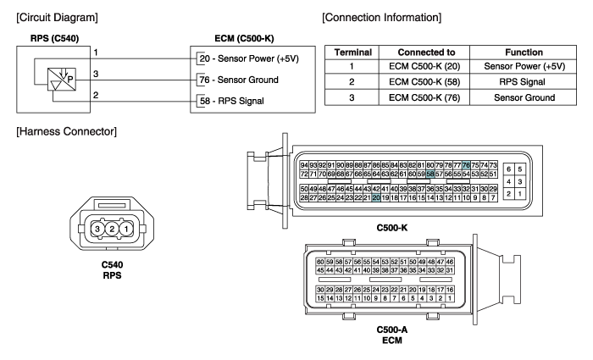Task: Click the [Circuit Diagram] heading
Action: pos(57,18)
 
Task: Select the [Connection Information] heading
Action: pos(381,18)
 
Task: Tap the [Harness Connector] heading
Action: pos(67,131)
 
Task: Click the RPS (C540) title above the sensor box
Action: pos(54,38)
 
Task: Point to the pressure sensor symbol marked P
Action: pos(62,79)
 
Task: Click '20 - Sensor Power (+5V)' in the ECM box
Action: pos(249,58)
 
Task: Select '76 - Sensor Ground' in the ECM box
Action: pos(239,80)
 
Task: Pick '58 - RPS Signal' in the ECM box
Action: pos(232,101)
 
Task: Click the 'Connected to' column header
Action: pos(426,53)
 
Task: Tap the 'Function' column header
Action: pos(524,53)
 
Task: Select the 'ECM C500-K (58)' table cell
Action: pos(424,81)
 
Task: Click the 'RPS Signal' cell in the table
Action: pos(523,81)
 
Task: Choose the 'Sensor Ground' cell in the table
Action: pos(524,97)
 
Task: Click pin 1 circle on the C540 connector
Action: pos(126,229)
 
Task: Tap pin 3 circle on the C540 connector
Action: pos(97,229)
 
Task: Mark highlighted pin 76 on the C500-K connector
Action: pos(466,165)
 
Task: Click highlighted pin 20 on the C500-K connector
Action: pos(376,197)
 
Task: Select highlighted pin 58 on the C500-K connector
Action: pos(430,174)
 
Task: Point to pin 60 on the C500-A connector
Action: pos(320,262)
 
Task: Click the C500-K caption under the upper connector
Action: pos(392,228)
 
